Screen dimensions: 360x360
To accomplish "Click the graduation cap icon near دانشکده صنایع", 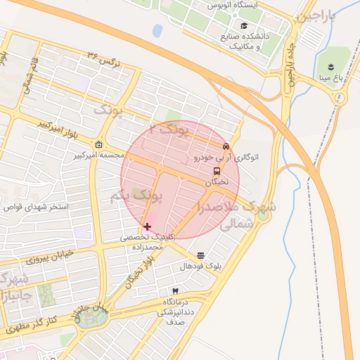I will coord(243,26).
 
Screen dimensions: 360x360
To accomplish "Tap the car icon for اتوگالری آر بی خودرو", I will coord(226,147).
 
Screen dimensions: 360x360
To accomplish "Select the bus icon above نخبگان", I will coord(216,171).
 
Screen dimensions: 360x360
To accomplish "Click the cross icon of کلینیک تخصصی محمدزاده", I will coord(146,226).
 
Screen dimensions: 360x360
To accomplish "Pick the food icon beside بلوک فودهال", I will coord(201,255).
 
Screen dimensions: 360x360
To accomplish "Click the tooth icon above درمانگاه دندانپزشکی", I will coord(175,290).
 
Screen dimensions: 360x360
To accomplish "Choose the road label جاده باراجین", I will coord(290,63).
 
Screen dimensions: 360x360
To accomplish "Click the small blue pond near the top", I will coord(157,30).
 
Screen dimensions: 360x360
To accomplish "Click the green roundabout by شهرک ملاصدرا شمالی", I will coord(264,215).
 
